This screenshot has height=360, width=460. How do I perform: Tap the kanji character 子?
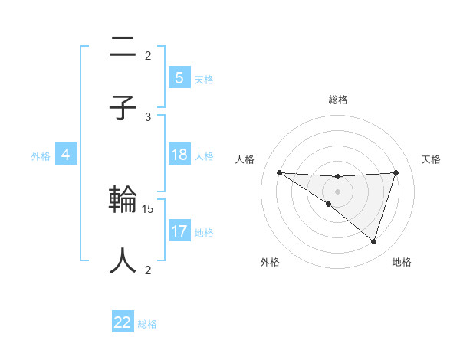[123, 107]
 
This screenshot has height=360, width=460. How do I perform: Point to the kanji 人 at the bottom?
[123, 260]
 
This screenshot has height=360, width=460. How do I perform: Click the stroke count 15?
[149, 208]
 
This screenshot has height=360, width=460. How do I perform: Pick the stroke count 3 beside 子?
[149, 116]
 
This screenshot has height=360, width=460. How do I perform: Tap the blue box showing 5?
[179, 78]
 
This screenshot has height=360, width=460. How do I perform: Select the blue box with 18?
[179, 155]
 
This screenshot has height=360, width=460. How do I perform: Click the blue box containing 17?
[179, 231]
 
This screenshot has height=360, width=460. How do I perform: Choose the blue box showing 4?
[66, 155]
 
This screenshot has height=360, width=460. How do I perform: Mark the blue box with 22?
[123, 322]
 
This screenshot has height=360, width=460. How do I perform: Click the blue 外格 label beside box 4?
[41, 156]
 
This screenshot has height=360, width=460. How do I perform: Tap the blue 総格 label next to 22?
[147, 324]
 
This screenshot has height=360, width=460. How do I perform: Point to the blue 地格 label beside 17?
[204, 232]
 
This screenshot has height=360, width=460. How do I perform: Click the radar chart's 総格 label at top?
[337, 100]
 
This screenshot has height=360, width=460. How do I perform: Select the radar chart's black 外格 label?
[270, 262]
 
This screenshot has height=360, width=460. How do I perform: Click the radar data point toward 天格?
[396, 172]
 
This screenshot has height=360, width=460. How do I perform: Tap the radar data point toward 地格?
[374, 242]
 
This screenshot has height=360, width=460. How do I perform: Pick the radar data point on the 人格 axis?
[279, 172]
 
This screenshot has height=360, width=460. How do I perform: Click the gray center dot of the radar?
[337, 191]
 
